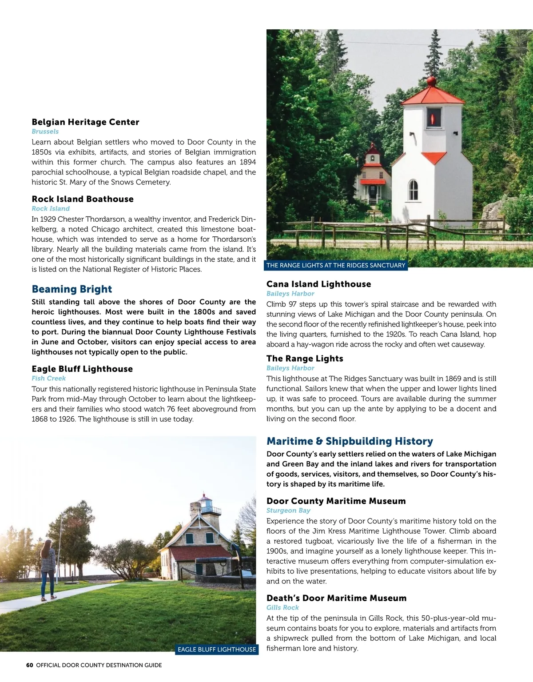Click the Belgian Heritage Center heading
click(x=85, y=122)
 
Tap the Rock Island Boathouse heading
click(x=83, y=199)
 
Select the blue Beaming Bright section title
click(x=72, y=289)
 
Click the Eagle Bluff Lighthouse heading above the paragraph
click(x=82, y=369)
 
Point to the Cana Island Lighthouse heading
click(x=318, y=284)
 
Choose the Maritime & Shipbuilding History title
click(x=350, y=441)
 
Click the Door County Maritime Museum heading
click(x=336, y=501)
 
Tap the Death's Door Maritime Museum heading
click(x=336, y=598)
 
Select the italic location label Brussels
click(x=45, y=132)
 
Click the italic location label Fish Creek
click(x=48, y=379)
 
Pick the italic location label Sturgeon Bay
click(x=288, y=511)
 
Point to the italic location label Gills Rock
click(x=282, y=607)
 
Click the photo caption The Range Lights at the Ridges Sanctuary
click(x=336, y=265)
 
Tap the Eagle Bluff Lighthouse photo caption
click(x=217, y=650)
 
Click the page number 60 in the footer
click(x=30, y=665)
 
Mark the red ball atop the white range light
click(x=431, y=81)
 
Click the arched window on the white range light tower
click(x=413, y=190)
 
